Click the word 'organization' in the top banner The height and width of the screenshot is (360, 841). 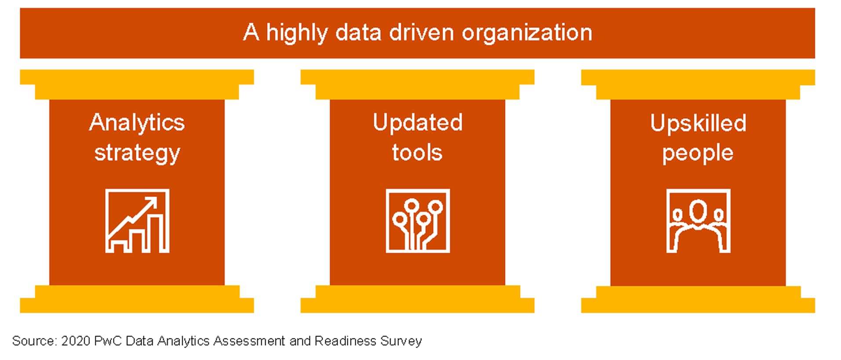click(527, 33)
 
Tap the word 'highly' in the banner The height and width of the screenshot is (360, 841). click(297, 33)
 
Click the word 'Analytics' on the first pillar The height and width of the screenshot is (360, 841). click(137, 123)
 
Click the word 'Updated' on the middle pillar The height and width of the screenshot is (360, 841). click(418, 123)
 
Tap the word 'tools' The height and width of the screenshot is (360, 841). click(417, 153)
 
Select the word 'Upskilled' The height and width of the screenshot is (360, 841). click(698, 123)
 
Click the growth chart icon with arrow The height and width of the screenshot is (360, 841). click(137, 221)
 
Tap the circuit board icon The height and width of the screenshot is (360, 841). click(418, 221)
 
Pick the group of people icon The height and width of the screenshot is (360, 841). click(698, 221)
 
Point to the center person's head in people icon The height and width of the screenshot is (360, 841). click(698, 211)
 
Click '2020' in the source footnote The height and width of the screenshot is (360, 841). click(76, 341)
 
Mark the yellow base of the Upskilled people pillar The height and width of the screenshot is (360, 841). click(698, 299)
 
